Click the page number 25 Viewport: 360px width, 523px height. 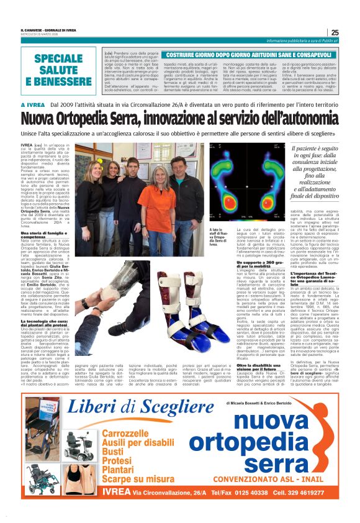pos(335,32)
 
